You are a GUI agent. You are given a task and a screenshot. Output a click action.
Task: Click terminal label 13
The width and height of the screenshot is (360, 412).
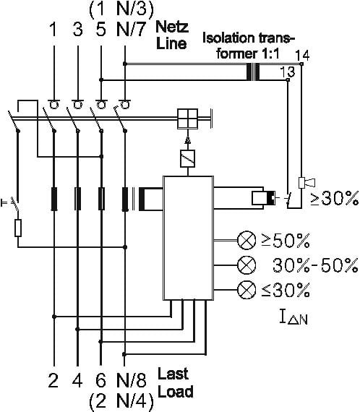(x=288, y=72)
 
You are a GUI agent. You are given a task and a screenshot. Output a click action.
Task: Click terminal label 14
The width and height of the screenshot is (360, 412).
(x=302, y=56)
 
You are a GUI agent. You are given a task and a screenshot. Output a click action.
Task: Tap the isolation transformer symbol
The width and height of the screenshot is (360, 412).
(x=253, y=72)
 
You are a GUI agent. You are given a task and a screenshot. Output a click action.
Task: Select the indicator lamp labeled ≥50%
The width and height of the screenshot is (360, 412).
(x=247, y=240)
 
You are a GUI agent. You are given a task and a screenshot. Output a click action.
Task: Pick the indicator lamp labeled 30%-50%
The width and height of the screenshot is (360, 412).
(x=247, y=265)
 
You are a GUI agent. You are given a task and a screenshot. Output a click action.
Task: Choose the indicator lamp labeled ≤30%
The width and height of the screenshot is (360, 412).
(x=247, y=289)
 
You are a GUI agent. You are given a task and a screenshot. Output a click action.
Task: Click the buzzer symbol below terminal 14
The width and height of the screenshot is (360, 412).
(x=307, y=183)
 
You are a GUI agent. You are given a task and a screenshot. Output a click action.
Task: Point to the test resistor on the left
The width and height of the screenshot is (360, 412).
(x=18, y=228)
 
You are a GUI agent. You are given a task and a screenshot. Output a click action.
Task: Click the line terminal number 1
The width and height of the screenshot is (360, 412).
(x=53, y=30)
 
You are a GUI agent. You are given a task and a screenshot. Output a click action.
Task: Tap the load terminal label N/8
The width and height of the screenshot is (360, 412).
(x=131, y=380)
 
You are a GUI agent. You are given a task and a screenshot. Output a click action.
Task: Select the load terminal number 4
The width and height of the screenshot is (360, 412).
(x=77, y=380)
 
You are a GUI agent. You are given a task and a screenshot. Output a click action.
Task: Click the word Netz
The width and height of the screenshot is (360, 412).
(x=172, y=27)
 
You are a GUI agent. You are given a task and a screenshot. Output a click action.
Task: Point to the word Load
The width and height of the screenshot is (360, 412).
(x=176, y=391)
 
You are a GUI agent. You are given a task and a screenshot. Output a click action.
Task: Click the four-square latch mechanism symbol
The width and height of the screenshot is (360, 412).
(x=188, y=119)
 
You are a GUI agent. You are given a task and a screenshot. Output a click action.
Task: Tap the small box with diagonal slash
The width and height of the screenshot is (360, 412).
(x=188, y=158)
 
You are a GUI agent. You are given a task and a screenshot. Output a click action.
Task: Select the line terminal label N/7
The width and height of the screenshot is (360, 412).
(x=131, y=29)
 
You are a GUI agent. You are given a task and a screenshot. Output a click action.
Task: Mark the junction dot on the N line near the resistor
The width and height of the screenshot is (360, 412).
(x=125, y=247)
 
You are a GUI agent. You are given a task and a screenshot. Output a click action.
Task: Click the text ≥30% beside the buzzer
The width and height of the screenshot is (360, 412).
(x=335, y=198)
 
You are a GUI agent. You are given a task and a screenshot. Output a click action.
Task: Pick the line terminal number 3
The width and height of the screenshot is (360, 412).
(x=77, y=30)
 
